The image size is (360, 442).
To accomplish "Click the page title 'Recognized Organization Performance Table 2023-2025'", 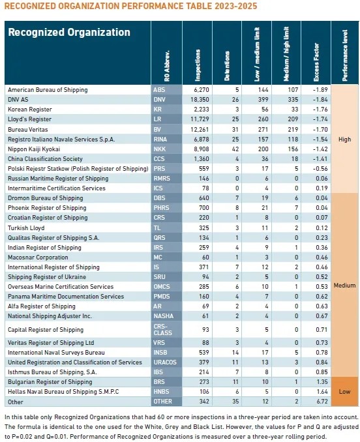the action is [131, 6].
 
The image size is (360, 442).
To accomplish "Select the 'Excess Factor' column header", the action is [316, 63].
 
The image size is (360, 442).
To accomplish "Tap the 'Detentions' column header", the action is [227, 66].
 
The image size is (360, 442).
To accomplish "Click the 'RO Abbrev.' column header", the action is [166, 66].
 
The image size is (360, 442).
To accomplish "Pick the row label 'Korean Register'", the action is [30, 110].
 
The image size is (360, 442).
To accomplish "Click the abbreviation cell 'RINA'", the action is [160, 140].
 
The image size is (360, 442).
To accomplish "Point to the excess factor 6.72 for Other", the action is [322, 401].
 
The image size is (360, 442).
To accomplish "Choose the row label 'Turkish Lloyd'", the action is [26, 228].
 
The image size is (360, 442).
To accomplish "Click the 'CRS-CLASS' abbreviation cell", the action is [162, 329].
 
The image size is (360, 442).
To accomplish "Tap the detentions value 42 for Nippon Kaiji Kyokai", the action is [235, 149].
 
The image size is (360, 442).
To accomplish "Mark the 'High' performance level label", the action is [344, 140].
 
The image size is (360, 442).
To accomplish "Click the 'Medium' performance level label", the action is [344, 286].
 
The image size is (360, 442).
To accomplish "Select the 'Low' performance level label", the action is [344, 391].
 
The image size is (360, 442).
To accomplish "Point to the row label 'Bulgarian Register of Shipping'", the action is [50, 382].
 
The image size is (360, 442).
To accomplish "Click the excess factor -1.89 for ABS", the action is [320, 90].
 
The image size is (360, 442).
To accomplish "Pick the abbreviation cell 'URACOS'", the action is [165, 362].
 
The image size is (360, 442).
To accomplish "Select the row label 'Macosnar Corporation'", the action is [38, 258].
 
